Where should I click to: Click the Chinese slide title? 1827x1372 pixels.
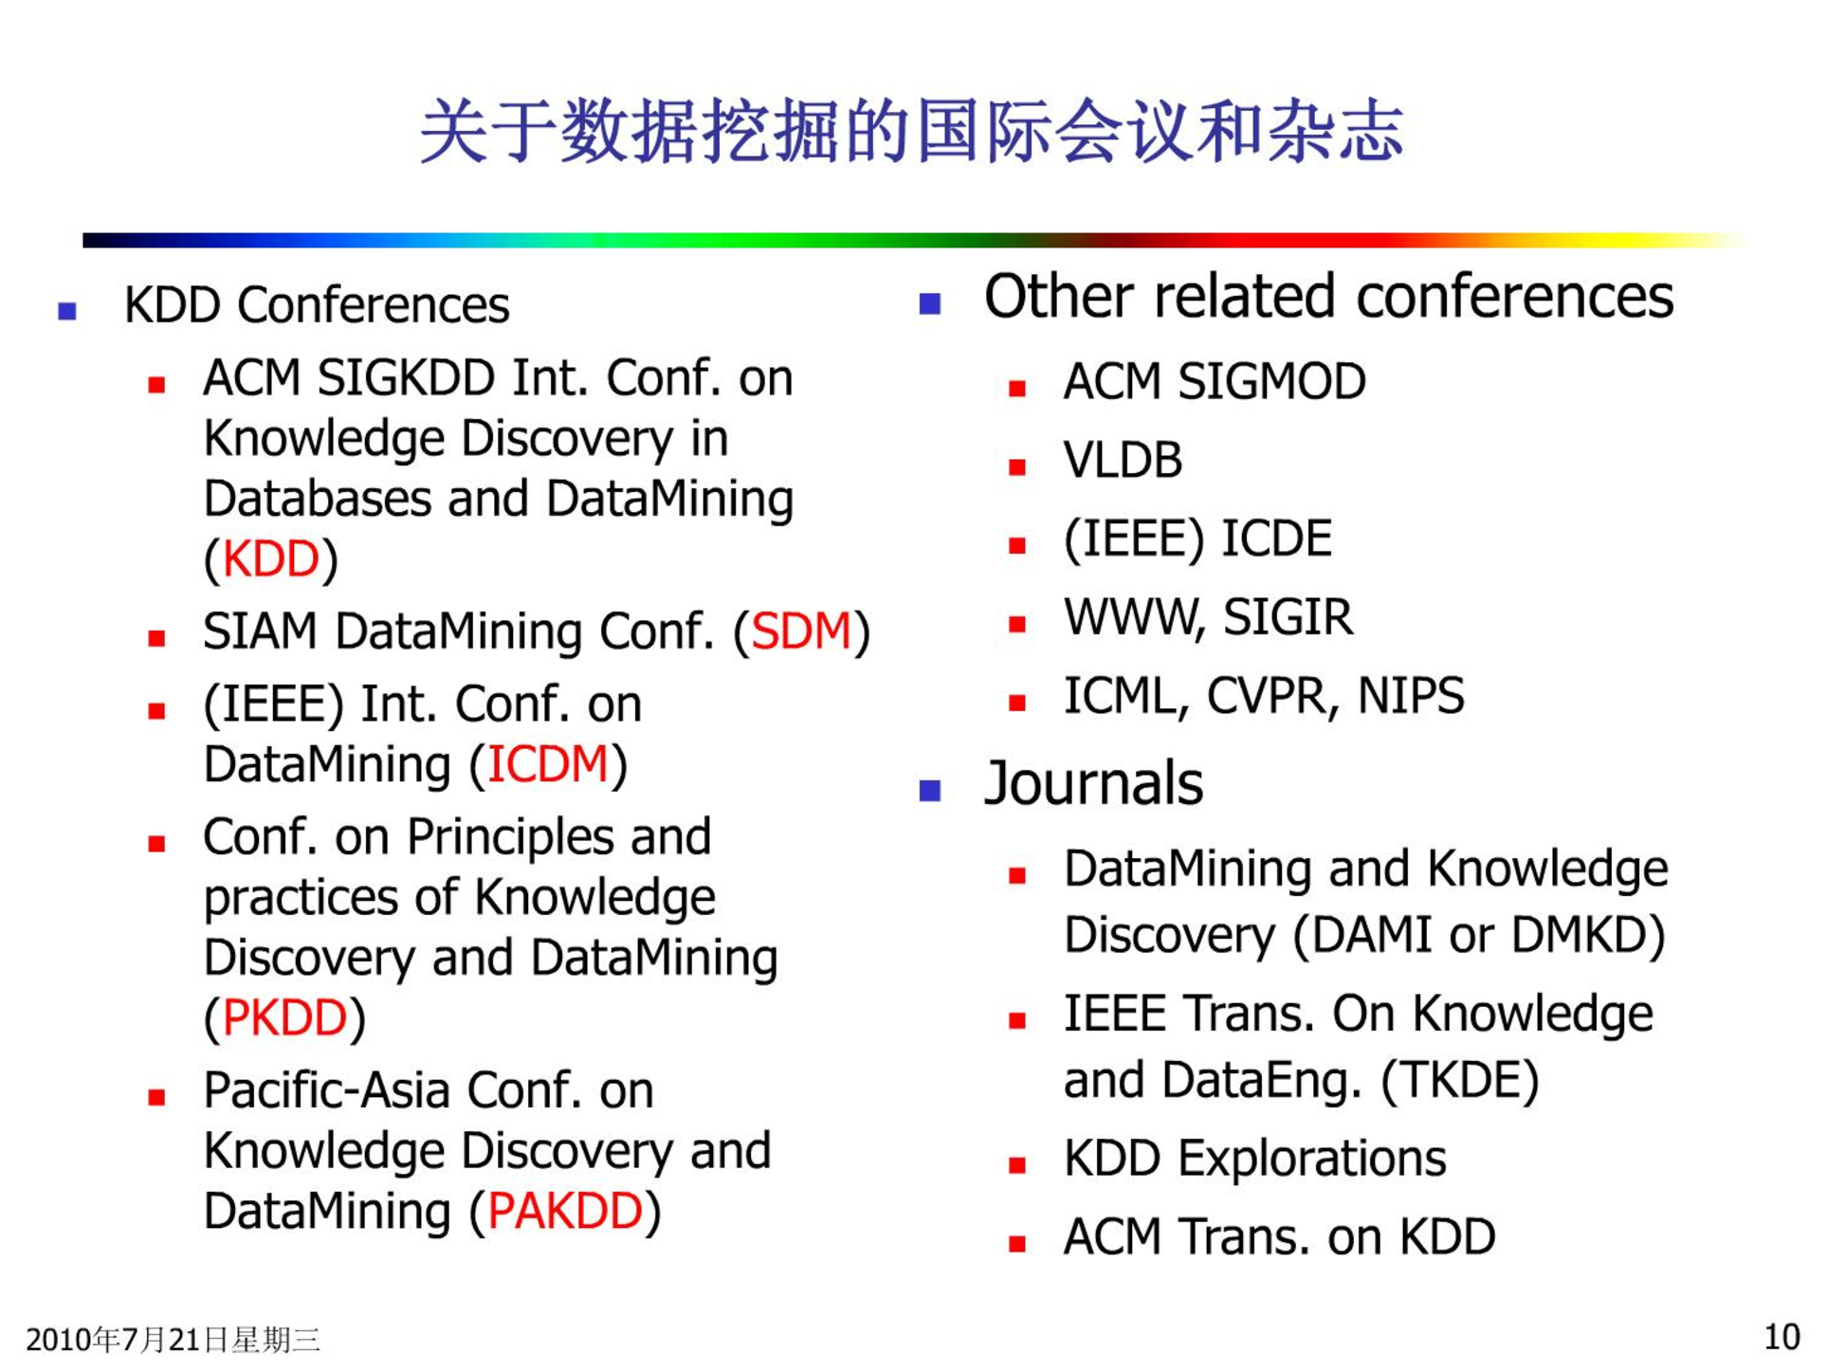coord(912,131)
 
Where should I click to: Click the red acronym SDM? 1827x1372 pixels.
coord(801,631)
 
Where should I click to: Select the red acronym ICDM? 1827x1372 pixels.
coord(547,764)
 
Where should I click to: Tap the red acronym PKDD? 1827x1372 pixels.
coord(284,1017)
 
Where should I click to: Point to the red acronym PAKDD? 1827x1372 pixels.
coord(565,1211)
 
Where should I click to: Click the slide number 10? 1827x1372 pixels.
coord(1781,1337)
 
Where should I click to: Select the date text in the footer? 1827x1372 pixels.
coord(173,1340)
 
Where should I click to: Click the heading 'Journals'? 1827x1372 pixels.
coord(1094,783)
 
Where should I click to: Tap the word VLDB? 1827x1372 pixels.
coord(1123,460)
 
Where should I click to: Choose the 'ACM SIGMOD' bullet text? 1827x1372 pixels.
coord(1215,381)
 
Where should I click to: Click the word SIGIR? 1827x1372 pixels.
coord(1288,617)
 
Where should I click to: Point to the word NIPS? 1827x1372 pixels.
coord(1411,696)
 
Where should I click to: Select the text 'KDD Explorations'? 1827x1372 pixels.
coord(1255,1159)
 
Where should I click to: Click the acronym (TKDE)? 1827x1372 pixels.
coord(1460,1081)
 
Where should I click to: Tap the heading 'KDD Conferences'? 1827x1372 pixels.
coord(317,305)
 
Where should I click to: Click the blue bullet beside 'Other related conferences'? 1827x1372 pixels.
coord(929,303)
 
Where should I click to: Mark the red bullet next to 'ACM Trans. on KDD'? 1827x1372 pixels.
coord(1017,1244)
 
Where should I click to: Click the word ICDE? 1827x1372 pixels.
coord(1276,539)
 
